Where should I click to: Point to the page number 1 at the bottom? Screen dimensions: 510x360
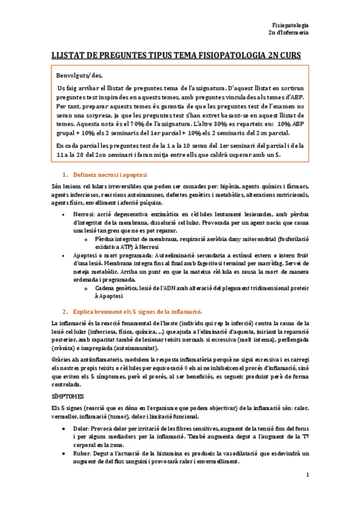click(307, 493)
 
